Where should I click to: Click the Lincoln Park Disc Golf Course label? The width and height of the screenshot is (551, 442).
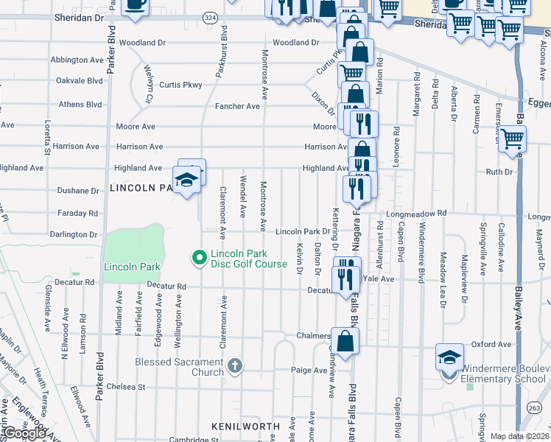248,259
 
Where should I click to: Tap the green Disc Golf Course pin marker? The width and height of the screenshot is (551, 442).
198,258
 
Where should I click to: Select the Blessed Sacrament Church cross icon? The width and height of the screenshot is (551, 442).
234,366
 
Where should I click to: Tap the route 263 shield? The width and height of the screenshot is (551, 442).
535,407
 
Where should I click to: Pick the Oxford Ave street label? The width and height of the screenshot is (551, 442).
491,344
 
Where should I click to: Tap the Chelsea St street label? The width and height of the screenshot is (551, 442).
126,386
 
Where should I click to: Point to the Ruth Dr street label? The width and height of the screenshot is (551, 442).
498,172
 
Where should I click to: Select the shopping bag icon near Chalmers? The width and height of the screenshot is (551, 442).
345,342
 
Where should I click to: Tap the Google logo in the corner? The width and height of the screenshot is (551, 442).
24,433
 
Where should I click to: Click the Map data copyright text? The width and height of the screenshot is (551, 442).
520,436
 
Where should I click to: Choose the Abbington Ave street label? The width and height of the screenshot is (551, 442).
77,60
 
